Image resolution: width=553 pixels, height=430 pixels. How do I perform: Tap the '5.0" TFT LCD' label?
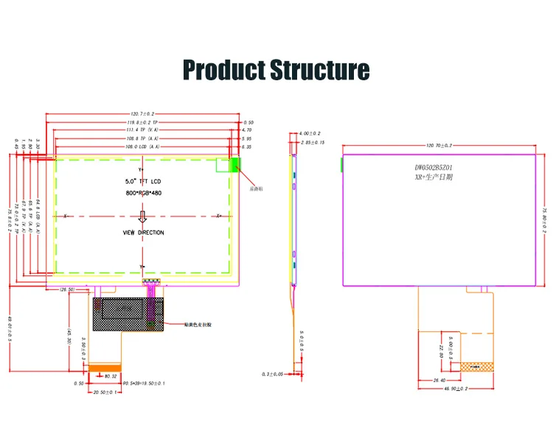(x=145, y=180)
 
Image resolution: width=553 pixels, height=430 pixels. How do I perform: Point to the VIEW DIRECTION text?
(x=144, y=233)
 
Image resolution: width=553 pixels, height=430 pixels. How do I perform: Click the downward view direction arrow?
(x=144, y=216)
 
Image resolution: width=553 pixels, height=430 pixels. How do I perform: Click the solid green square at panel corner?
(x=236, y=165)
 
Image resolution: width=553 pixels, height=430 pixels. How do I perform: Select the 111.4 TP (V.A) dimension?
(x=143, y=129)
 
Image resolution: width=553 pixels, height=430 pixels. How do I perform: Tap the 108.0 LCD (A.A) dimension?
(x=143, y=147)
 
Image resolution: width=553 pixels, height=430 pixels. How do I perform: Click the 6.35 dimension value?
(x=248, y=147)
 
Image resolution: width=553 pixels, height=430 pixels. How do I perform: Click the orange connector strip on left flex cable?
(x=105, y=367)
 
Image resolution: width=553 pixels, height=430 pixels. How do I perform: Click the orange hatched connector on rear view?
(x=479, y=366)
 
